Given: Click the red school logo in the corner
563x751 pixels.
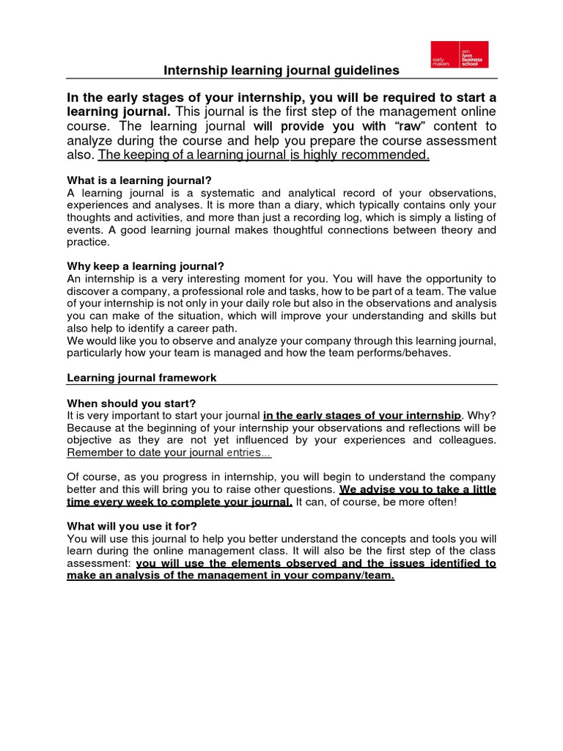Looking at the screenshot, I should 459,54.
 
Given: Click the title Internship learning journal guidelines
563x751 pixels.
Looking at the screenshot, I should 281,70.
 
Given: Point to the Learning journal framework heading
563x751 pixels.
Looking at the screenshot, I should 141,378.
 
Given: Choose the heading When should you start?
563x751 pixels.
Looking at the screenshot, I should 131,403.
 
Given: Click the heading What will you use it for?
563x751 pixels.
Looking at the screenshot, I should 132,526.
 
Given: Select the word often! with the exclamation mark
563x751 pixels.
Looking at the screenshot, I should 438,502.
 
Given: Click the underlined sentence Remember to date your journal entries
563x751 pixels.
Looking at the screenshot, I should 169,453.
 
